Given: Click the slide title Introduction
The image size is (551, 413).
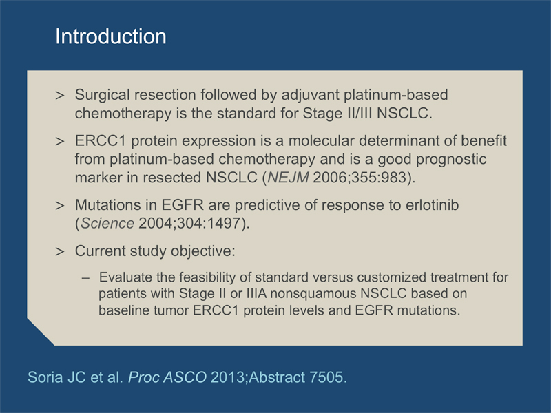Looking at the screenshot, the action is [x=111, y=36].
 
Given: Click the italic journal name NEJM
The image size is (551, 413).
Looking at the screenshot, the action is [x=288, y=178].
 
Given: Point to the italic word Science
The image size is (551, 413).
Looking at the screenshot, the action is [x=107, y=223].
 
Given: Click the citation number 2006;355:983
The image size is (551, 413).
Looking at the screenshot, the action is [x=360, y=178].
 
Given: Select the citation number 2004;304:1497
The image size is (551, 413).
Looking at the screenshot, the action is [x=189, y=223].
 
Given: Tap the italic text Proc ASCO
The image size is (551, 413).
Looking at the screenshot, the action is [x=167, y=377].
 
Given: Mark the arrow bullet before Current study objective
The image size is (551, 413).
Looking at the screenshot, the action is [x=60, y=252].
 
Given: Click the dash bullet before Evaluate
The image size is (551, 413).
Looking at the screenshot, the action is [x=85, y=278].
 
